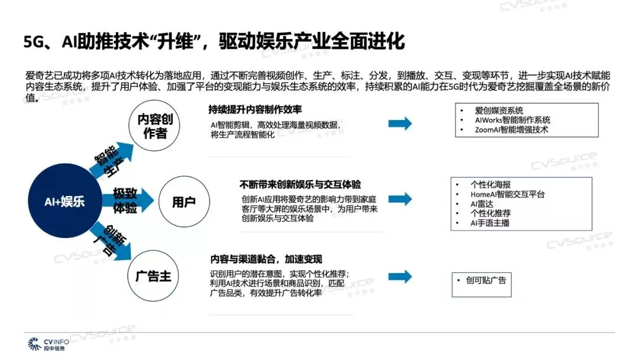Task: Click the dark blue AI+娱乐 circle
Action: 64,201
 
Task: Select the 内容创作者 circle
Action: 153,126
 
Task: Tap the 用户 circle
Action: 183,201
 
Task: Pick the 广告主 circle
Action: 153,276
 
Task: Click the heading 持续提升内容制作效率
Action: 255,111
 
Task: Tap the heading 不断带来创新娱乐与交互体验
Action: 300,184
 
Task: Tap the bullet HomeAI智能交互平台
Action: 507,194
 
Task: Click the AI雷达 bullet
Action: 481,204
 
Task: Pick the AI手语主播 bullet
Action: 490,223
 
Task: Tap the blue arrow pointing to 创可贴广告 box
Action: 400,277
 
